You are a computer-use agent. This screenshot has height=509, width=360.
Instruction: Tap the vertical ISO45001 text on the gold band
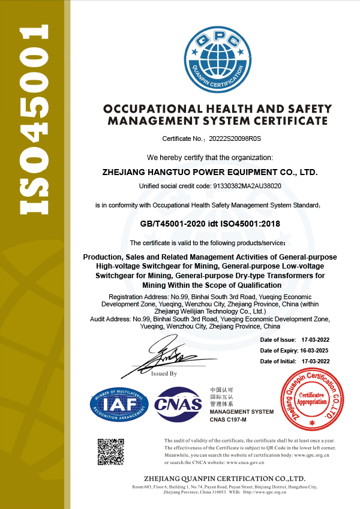[x=34, y=120]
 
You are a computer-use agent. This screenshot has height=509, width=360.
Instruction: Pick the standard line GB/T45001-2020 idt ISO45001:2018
[x=210, y=224]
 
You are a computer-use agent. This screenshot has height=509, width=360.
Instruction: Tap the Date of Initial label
[x=278, y=362]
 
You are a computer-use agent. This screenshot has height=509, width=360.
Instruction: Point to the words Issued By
[x=164, y=374]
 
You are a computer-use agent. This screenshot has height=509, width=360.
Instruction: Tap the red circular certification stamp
[x=311, y=399]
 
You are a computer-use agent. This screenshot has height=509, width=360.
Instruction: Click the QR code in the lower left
[x=111, y=452]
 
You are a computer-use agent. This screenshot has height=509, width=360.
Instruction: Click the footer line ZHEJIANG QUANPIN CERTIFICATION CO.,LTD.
[x=225, y=478]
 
